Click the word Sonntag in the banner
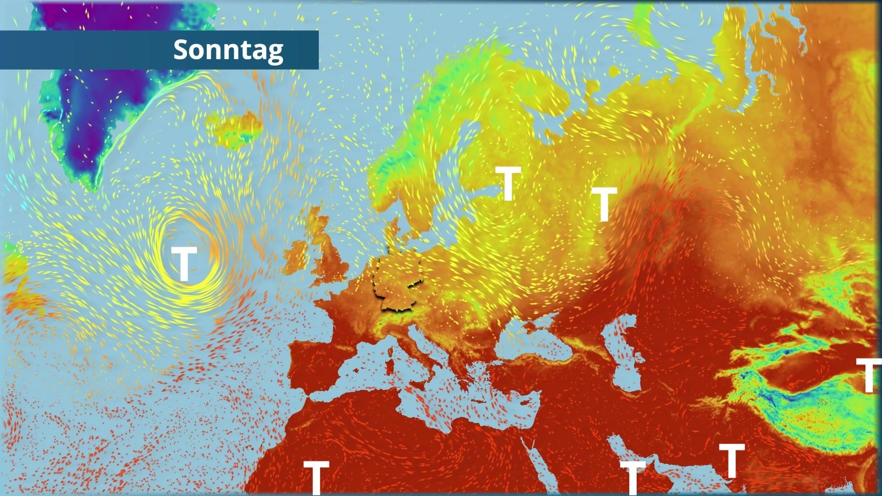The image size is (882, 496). pyautogui.click(x=228, y=50)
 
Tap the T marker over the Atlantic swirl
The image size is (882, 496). pyautogui.click(x=184, y=264)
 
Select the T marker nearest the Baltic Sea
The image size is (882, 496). pyautogui.click(x=508, y=183)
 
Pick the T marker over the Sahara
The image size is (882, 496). pyautogui.click(x=316, y=477)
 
